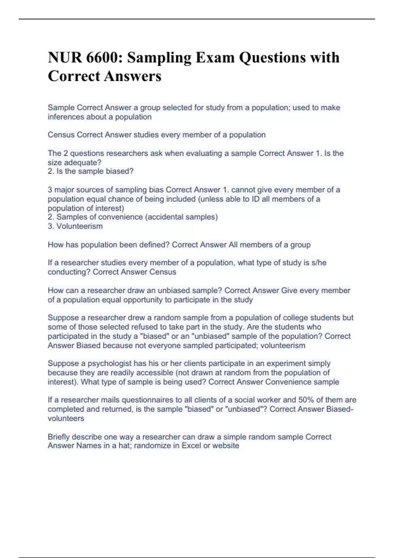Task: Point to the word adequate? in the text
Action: click(x=84, y=162)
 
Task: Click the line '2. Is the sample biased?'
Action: click(x=91, y=171)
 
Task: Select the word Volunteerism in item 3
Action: click(x=79, y=226)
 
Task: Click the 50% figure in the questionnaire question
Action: click(x=306, y=400)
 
